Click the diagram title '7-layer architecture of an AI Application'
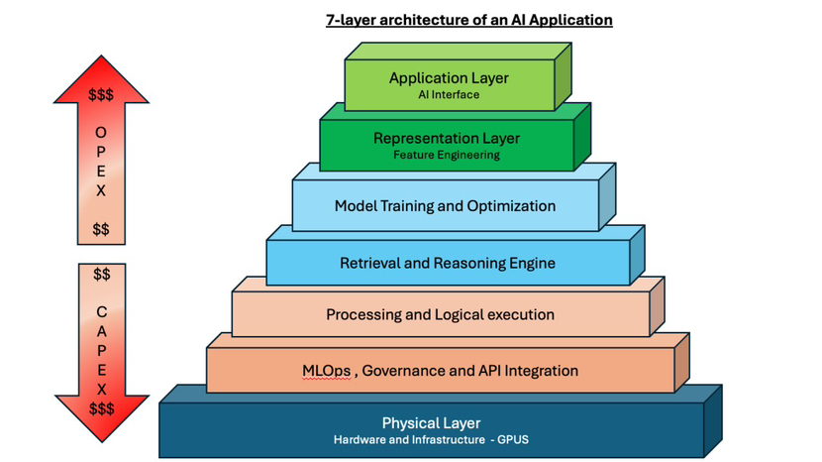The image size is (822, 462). [468, 20]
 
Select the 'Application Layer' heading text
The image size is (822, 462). [449, 78]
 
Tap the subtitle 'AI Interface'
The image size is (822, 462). [449, 95]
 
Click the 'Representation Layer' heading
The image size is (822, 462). [446, 139]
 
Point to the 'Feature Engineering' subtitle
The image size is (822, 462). [446, 155]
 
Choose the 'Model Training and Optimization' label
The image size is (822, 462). [445, 206]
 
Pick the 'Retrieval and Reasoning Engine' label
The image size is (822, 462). [447, 263]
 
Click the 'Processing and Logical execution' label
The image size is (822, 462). [440, 314]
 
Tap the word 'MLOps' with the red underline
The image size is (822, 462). [326, 371]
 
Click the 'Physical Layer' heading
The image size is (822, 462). [431, 423]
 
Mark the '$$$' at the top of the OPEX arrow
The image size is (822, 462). [101, 96]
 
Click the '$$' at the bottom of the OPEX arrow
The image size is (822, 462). [101, 230]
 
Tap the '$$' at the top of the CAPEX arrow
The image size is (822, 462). [101, 275]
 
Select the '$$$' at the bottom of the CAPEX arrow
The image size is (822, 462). [101, 408]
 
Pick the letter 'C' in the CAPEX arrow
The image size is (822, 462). [101, 311]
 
